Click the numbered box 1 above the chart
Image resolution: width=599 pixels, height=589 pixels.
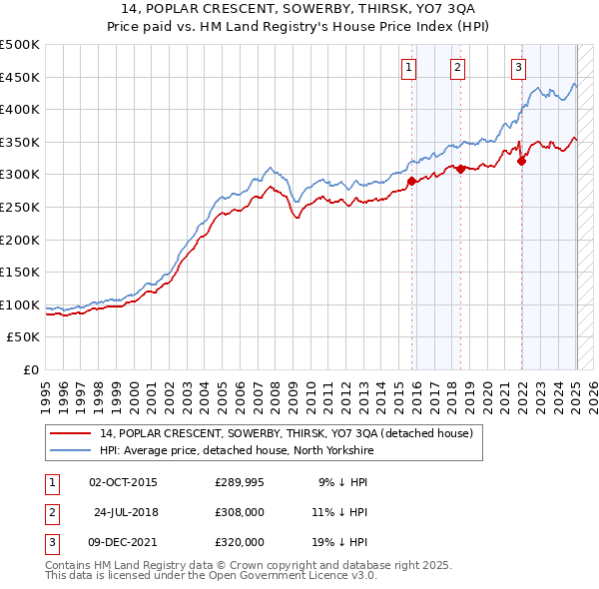[x=410, y=68]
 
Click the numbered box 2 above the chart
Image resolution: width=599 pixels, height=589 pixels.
[x=457, y=68]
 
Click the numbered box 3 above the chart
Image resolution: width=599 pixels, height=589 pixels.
[x=519, y=68]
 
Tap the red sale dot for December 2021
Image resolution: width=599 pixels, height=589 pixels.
[x=521, y=162]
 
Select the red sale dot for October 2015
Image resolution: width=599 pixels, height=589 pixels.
[x=412, y=181]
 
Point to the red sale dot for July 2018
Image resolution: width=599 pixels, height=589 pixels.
[x=460, y=169]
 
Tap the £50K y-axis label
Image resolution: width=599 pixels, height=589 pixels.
[x=24, y=337]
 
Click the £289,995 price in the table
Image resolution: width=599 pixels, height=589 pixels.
[x=240, y=482]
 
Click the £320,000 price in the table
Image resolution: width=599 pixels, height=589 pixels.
[x=240, y=542]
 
